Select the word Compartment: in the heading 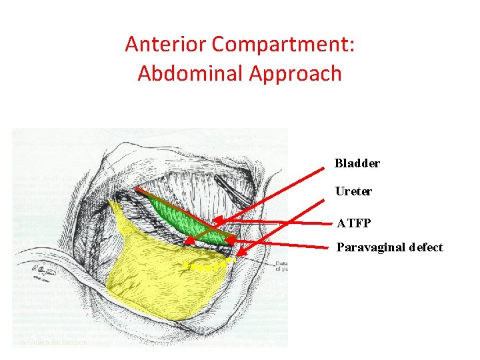283,45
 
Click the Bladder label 357,163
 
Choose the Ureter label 353,191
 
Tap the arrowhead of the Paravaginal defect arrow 239,254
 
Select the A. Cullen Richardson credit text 53,342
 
